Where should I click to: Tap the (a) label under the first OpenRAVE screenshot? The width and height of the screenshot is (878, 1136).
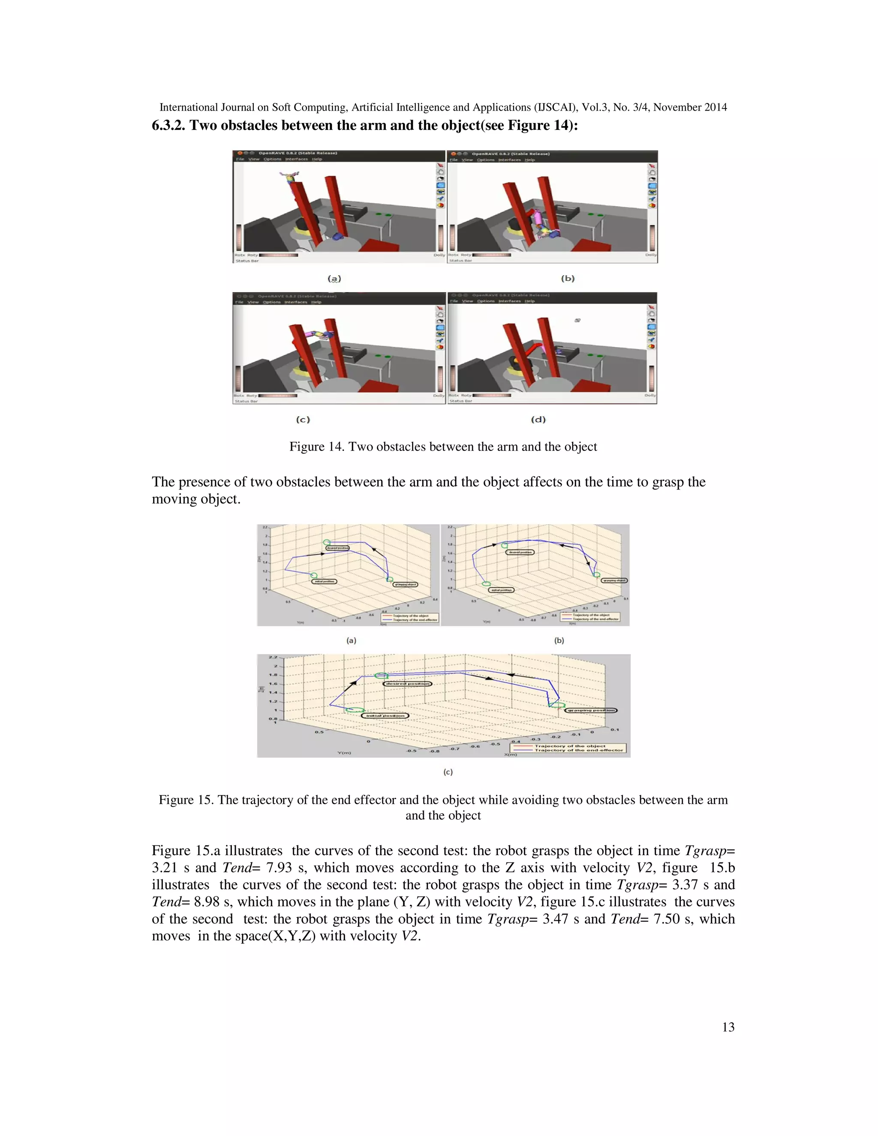point(334,279)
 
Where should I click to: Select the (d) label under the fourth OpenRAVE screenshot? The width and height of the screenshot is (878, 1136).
point(538,419)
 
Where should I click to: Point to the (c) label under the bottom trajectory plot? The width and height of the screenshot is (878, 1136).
point(448,772)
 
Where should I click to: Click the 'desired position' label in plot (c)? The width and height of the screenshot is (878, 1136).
point(408,683)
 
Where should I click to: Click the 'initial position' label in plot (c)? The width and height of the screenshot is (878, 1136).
point(385,716)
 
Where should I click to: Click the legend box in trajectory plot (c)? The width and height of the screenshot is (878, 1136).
point(568,748)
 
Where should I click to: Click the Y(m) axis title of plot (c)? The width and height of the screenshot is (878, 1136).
point(344,752)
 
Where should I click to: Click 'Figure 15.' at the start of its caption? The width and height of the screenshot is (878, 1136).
point(186,799)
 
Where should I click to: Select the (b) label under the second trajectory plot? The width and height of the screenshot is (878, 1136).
point(559,640)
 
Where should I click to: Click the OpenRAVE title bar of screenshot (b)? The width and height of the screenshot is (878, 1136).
point(551,154)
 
